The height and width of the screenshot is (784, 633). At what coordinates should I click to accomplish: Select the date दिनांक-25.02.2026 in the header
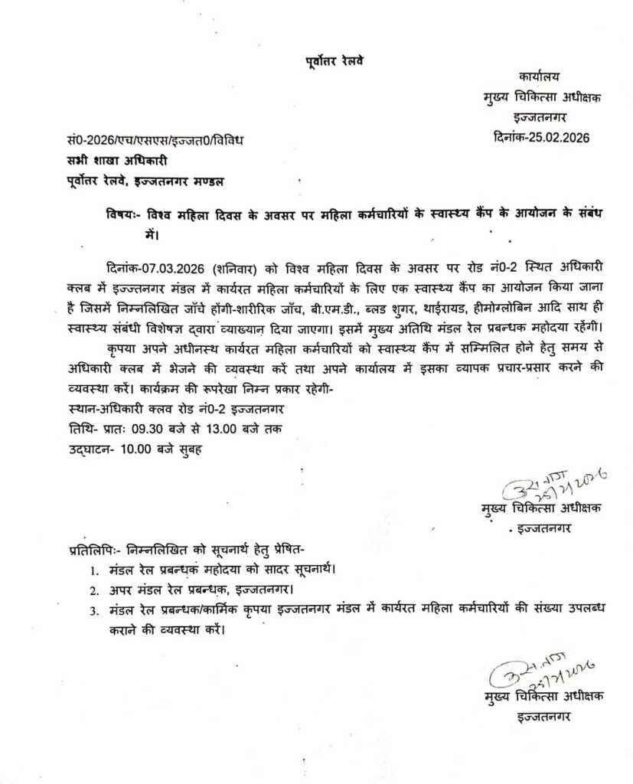(542, 138)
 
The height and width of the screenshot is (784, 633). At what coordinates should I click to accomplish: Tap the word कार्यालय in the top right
(539, 77)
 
